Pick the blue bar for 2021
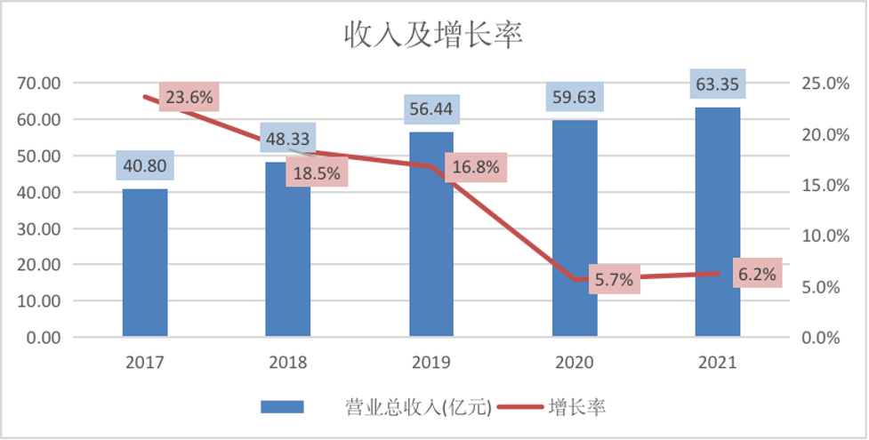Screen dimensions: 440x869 point(717,221)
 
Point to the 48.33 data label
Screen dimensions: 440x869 point(288,139)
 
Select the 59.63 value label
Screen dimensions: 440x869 point(575,96)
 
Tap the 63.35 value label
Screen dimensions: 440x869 point(717,86)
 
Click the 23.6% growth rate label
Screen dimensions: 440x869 point(189,98)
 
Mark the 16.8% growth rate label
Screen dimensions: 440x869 point(475,167)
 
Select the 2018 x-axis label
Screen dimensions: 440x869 point(288,363)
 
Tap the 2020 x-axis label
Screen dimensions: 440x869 point(575,363)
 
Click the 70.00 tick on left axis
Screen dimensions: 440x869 point(38,84)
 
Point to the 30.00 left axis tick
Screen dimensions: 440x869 point(38,228)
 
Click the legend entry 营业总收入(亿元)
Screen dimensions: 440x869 point(417,407)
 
